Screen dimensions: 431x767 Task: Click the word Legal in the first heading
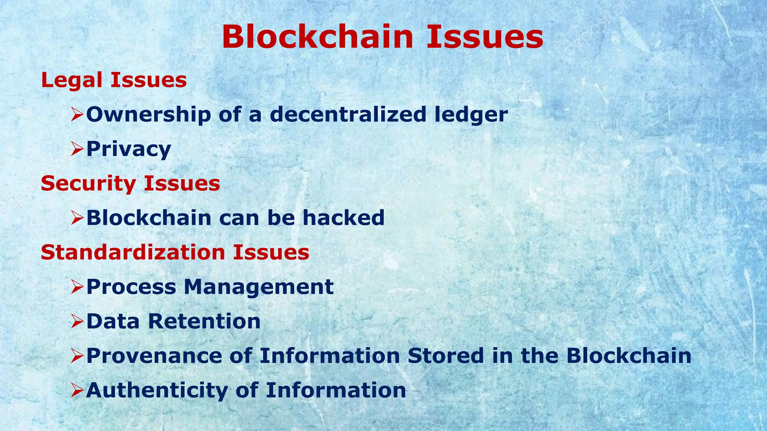point(72,81)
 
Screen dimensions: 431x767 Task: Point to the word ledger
point(471,115)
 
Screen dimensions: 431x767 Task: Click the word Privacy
point(128,150)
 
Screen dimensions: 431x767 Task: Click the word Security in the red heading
point(88,184)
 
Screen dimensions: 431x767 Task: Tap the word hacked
point(343,218)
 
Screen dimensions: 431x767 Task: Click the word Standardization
point(133,252)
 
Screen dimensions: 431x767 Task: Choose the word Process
point(131,287)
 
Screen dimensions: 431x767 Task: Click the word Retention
point(204,321)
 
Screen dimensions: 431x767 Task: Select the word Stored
point(446,356)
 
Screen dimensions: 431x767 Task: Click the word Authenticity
point(157,391)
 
